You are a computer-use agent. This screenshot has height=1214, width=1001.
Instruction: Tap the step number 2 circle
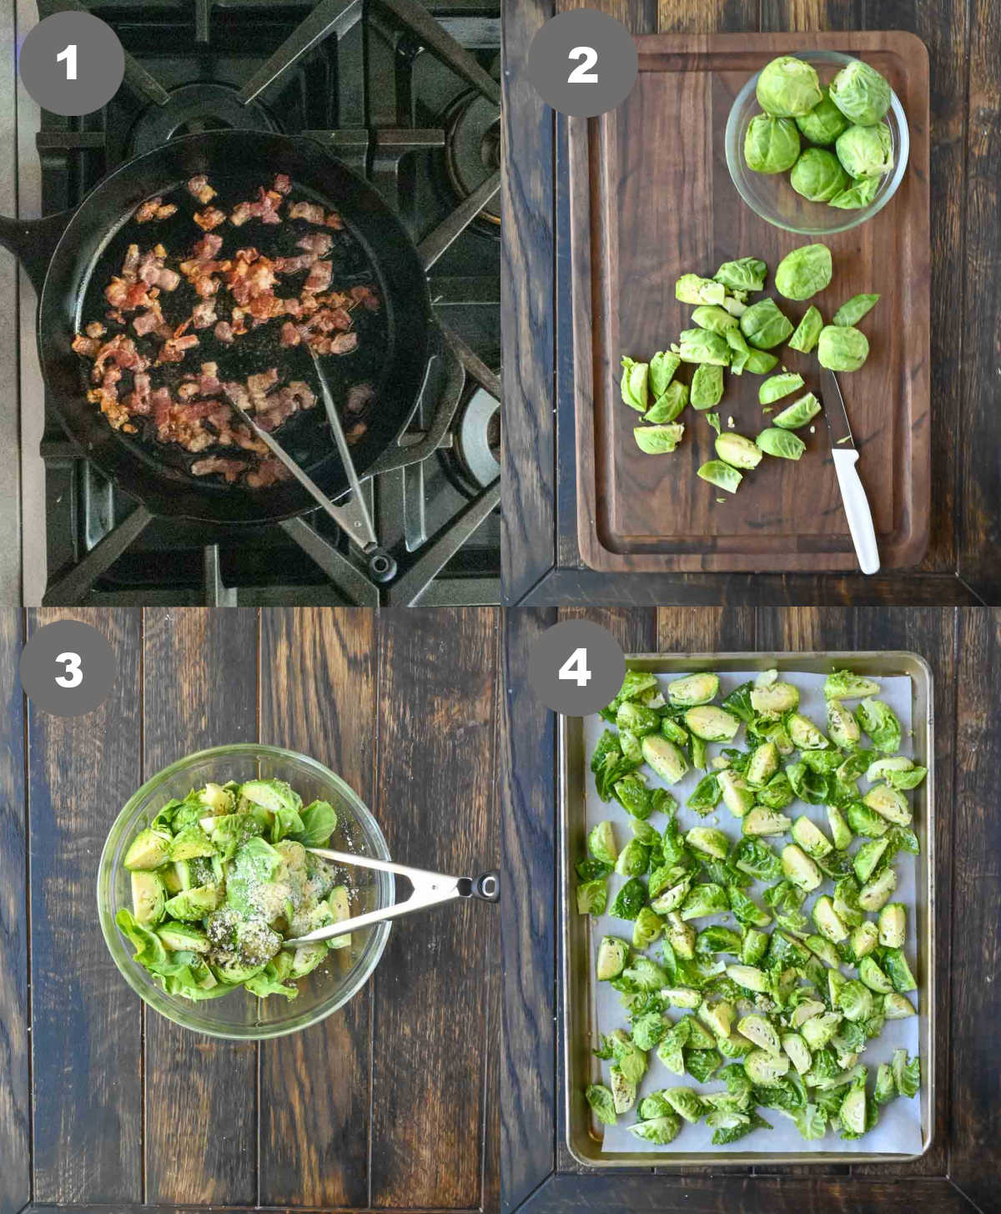coord(582,63)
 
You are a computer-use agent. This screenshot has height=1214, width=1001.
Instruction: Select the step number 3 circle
coord(68,667)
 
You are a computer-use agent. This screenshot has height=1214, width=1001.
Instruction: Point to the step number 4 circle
coord(574,667)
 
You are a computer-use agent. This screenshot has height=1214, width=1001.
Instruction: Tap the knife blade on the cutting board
coord(834,409)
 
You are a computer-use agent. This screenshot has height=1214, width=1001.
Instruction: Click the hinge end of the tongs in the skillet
coord(382,563)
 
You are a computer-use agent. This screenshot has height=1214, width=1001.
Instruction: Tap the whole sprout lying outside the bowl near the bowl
coord(803,272)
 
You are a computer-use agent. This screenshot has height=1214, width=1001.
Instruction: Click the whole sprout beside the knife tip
coord(843,347)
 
